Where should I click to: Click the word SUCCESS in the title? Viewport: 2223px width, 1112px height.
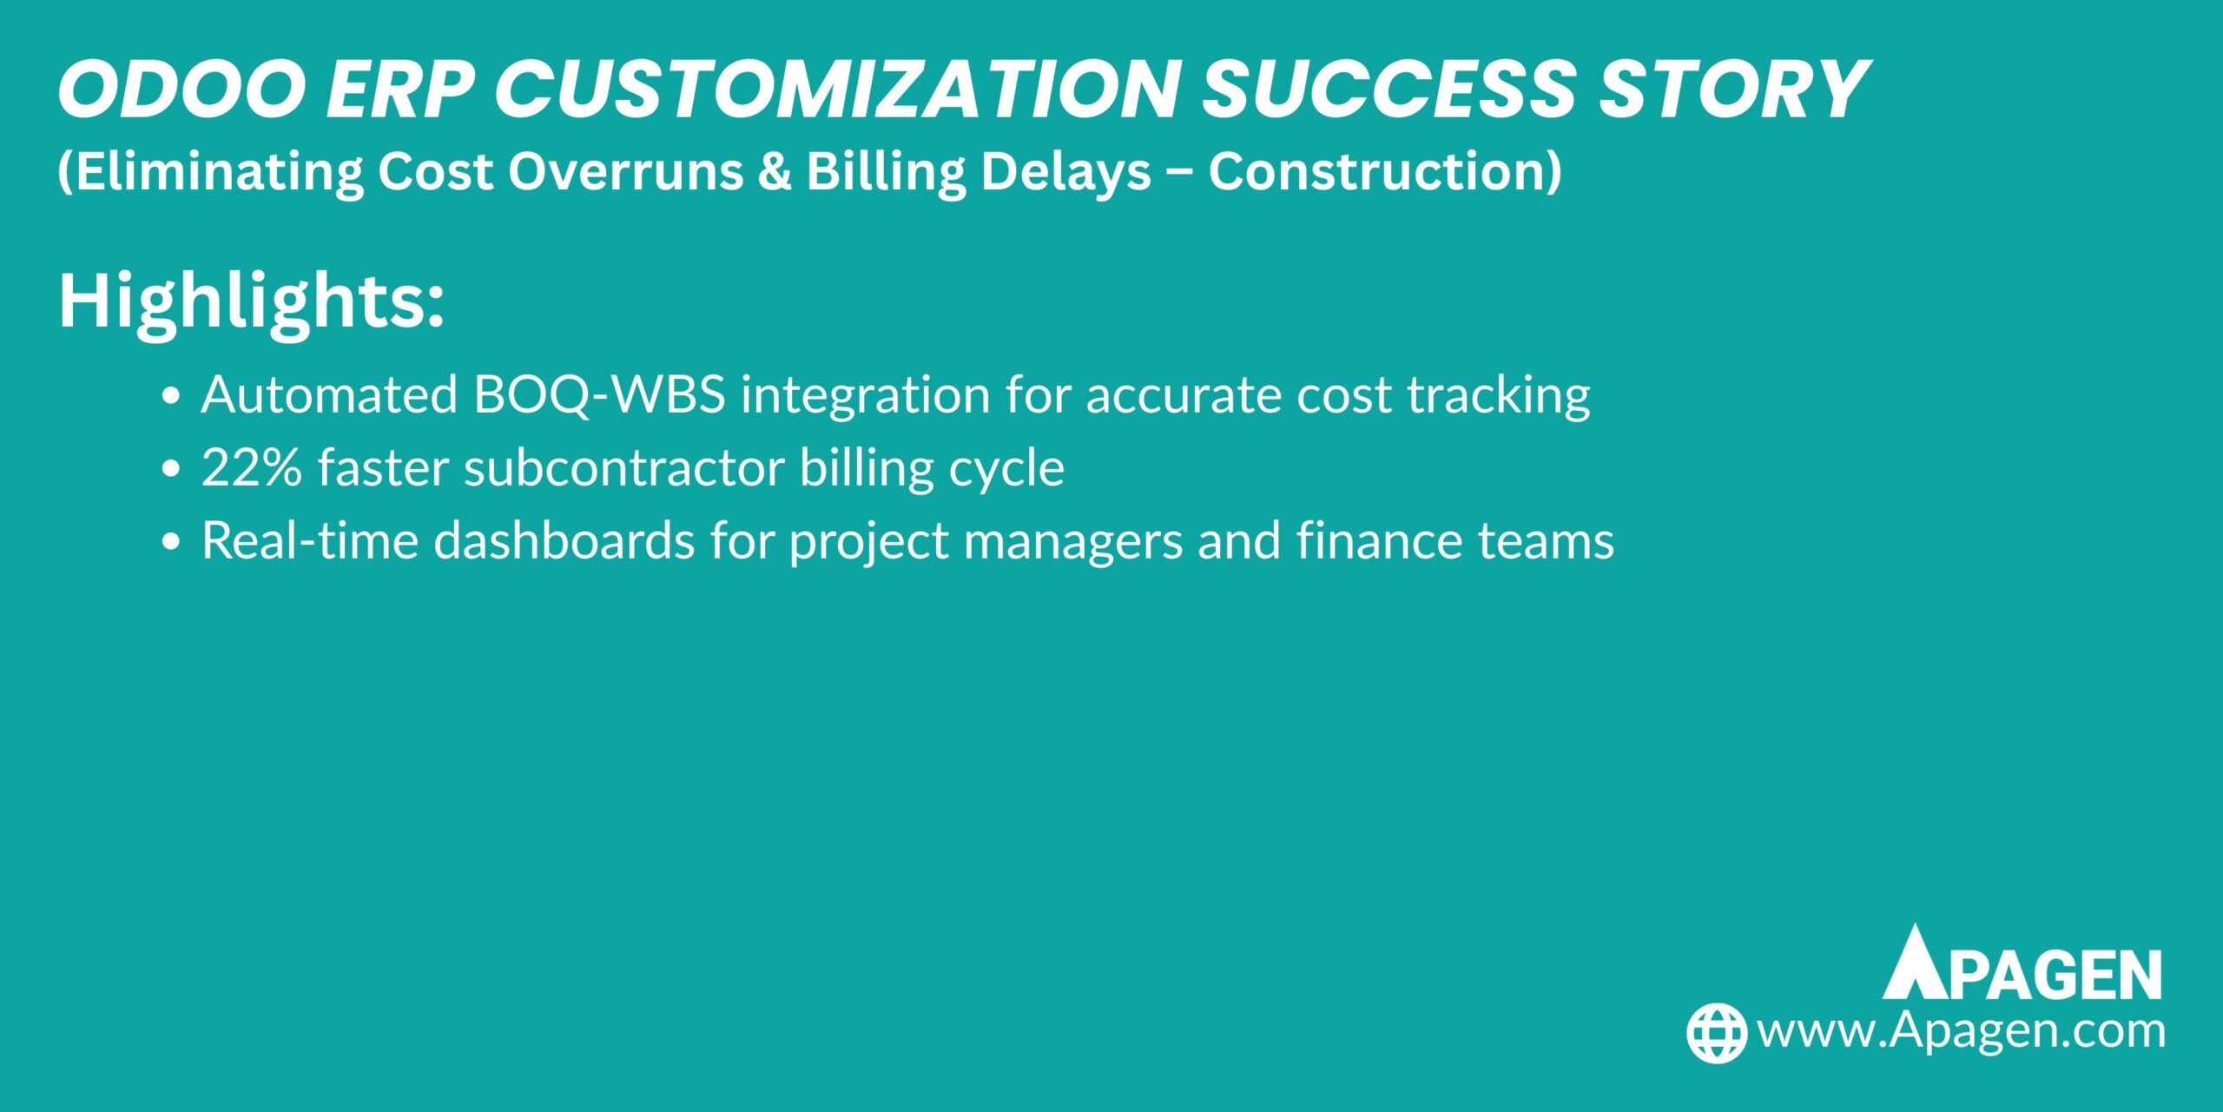[1389, 89]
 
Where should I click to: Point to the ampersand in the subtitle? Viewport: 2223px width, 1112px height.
[775, 171]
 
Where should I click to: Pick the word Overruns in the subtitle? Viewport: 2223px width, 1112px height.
[625, 171]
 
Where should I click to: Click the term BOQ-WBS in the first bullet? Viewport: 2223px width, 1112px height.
[599, 395]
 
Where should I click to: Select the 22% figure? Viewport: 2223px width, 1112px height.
[251, 468]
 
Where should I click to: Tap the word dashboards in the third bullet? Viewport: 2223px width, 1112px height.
[564, 541]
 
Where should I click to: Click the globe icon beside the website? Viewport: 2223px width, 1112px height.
[1716, 1033]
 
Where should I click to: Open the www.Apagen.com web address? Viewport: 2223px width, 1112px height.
[1961, 1031]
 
